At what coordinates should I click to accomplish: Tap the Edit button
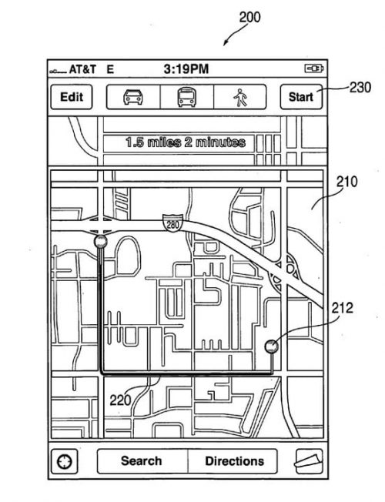(x=72, y=97)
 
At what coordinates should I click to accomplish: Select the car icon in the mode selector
(x=133, y=97)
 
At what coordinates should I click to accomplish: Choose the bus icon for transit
(x=187, y=97)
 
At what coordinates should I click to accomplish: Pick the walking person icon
(x=240, y=97)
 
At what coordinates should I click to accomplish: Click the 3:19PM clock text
(x=186, y=69)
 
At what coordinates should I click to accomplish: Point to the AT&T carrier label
(x=82, y=69)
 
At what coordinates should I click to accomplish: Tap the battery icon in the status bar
(x=313, y=69)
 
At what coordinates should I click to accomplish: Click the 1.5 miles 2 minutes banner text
(x=186, y=142)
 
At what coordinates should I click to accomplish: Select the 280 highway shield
(x=172, y=223)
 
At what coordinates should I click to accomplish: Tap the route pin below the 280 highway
(x=101, y=242)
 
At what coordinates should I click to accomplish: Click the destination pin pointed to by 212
(x=272, y=346)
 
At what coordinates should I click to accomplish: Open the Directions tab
(x=233, y=461)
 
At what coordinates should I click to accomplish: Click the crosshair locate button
(x=64, y=461)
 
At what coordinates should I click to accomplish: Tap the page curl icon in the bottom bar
(x=309, y=461)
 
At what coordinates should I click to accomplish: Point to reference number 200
(x=249, y=17)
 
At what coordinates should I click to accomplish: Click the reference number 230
(x=360, y=87)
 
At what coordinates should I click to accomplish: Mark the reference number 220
(x=120, y=400)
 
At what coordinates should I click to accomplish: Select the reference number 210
(x=346, y=182)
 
